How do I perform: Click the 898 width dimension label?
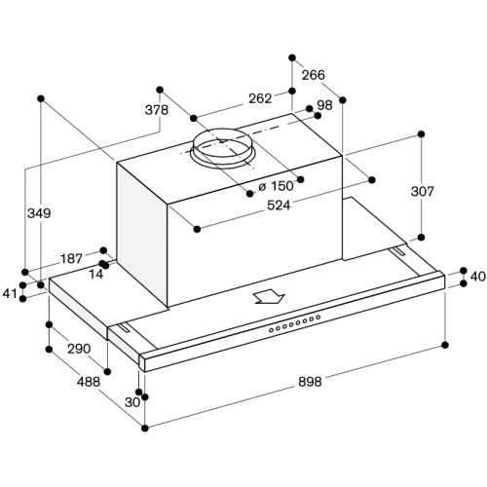click(x=310, y=382)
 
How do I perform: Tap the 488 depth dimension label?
click(x=89, y=382)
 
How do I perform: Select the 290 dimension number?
click(x=79, y=349)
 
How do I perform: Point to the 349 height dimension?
click(x=39, y=213)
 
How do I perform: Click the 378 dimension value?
click(x=157, y=110)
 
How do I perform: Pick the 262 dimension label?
click(x=260, y=98)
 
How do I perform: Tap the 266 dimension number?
click(x=314, y=75)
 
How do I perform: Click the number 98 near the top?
click(x=324, y=105)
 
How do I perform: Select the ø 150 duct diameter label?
click(x=277, y=186)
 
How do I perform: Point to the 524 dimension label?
click(x=279, y=205)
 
